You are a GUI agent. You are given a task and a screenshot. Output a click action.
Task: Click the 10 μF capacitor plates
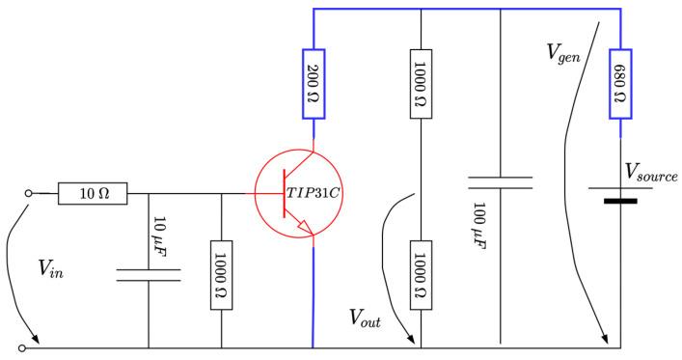pos(149,275)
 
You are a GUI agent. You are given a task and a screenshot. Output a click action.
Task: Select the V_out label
pos(366,319)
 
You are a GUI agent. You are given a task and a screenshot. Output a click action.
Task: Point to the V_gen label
pos(563,53)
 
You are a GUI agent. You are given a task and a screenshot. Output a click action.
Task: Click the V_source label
pos(650,174)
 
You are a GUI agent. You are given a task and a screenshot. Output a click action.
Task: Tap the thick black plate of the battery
pos(620,202)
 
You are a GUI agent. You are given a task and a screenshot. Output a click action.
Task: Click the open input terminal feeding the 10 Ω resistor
pos(29,193)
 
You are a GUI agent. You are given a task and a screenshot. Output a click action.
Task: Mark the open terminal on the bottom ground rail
pos(28,347)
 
